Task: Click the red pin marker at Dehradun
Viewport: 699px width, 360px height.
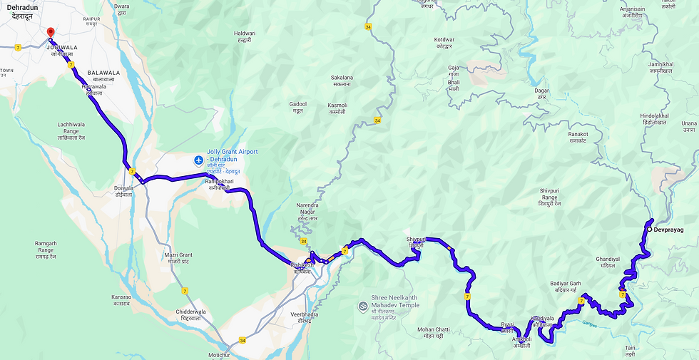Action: [x=50, y=33]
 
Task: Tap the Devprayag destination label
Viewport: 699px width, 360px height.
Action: [x=668, y=230]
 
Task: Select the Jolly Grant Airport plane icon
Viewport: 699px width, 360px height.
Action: [x=198, y=158]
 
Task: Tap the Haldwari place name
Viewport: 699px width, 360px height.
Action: [x=244, y=37]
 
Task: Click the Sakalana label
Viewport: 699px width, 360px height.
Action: [x=342, y=80]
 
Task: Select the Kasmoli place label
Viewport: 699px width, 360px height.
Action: [x=337, y=108]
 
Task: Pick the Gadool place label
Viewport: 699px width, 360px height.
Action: [x=297, y=107]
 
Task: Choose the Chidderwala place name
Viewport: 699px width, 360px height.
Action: [x=196, y=315]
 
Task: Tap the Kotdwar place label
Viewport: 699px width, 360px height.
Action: [x=449, y=43]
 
